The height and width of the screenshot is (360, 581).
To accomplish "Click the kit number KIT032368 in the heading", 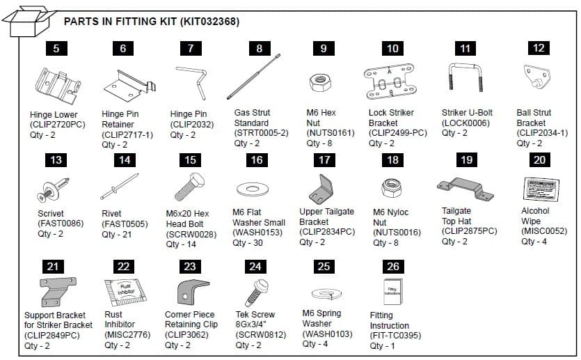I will [209, 22].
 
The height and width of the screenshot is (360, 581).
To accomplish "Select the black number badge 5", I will [56, 48].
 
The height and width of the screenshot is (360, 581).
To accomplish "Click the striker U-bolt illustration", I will [463, 83].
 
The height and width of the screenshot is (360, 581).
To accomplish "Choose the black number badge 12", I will [537, 48].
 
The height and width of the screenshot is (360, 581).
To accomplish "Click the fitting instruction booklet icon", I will [393, 290].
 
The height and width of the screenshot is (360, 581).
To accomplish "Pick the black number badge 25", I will [324, 267].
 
